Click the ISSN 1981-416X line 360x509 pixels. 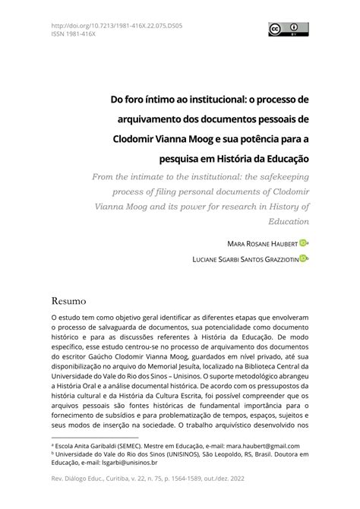pyautogui.click(x=74, y=33)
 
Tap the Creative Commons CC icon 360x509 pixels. pyautogui.click(x=273, y=30)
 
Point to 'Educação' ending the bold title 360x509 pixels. pyautogui.click(x=283, y=158)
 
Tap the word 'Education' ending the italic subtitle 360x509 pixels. pyautogui.click(x=288, y=221)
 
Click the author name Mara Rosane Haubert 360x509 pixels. pyautogui.click(x=261, y=243)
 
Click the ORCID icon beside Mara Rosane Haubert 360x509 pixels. pyautogui.click(x=304, y=242)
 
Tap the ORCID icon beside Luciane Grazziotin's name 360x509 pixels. pyautogui.click(x=304, y=259)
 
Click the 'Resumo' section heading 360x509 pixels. pyautogui.click(x=69, y=301)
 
